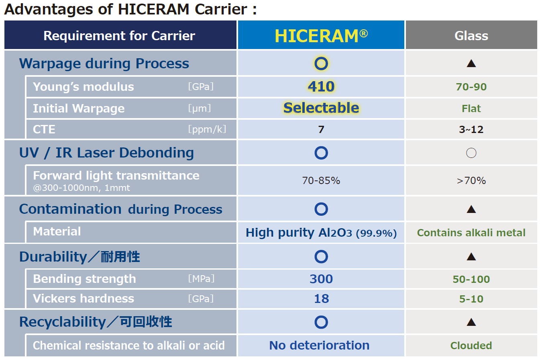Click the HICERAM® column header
(321, 36)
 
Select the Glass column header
(471, 36)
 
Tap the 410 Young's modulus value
(321, 86)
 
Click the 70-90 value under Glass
(471, 87)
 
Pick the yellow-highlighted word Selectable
(321, 108)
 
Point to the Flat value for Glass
(471, 108)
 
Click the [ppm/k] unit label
(207, 129)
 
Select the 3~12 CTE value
(471, 129)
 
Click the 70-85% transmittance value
(321, 181)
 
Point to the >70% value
(471, 181)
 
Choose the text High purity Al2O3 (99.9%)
(321, 233)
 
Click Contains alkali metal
(471, 233)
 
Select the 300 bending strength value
(321, 279)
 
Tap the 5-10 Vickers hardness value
(471, 299)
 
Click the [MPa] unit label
(201, 279)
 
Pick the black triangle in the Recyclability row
(471, 322)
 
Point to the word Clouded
(471, 346)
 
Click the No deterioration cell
(320, 346)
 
